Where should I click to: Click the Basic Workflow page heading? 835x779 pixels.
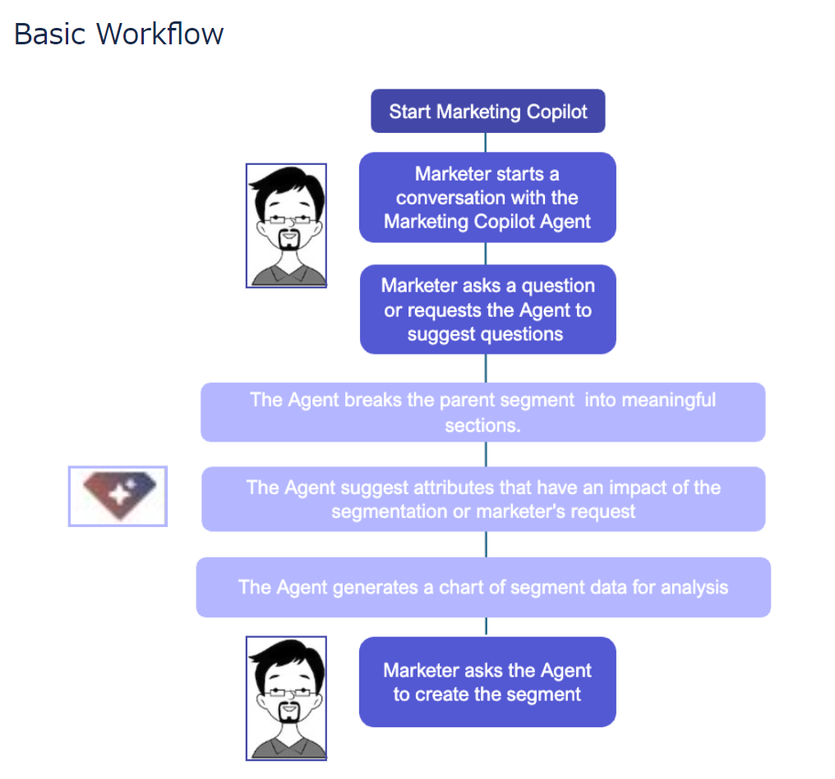(x=119, y=34)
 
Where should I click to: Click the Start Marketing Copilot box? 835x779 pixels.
(x=487, y=112)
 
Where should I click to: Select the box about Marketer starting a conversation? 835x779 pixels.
(x=487, y=198)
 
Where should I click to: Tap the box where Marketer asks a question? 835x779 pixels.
(x=487, y=309)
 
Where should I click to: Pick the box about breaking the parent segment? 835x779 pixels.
(x=483, y=413)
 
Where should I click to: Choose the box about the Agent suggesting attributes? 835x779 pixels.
(x=483, y=499)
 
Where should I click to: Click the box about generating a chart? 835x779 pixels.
(x=483, y=588)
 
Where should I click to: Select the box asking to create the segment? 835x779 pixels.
(x=487, y=682)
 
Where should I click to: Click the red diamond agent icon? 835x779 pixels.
(x=118, y=496)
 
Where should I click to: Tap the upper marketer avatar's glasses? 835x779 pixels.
(x=286, y=221)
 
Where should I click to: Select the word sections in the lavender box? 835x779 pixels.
(x=483, y=426)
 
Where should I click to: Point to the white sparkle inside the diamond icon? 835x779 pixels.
(x=122, y=494)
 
